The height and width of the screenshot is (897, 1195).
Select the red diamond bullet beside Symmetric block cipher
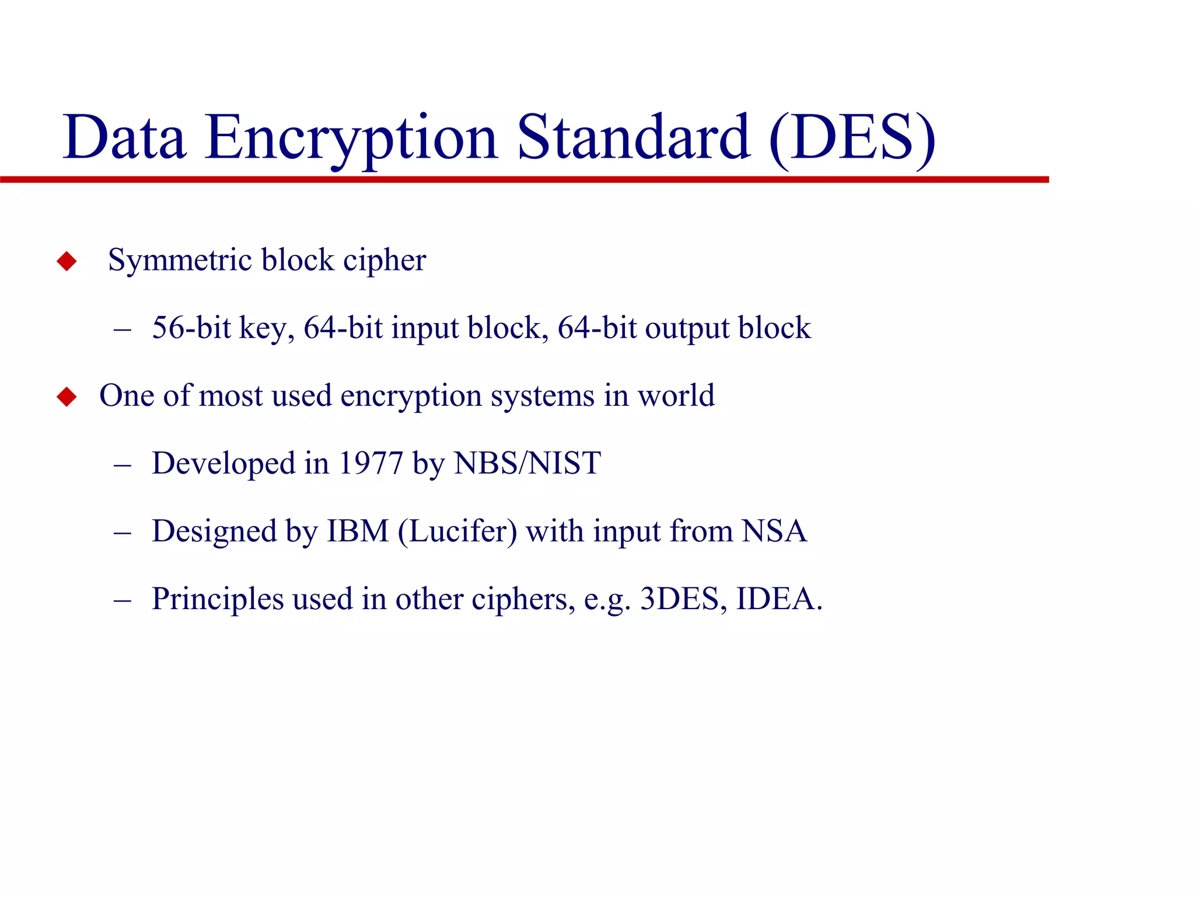point(67,261)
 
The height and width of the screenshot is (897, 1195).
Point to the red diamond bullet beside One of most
point(67,397)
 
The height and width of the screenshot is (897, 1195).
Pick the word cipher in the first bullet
point(385,260)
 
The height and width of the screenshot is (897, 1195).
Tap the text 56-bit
point(191,328)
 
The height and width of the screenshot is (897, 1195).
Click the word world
point(676,396)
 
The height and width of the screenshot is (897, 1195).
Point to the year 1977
point(371,463)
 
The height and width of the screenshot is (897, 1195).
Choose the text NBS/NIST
point(527,463)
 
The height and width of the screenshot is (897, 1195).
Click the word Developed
point(223,464)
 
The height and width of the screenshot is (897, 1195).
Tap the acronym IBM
point(358,531)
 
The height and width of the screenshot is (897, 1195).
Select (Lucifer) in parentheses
point(457,531)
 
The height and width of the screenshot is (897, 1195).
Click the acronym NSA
point(774,531)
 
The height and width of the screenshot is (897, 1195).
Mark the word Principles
point(218,599)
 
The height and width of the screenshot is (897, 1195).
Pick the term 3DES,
point(683,599)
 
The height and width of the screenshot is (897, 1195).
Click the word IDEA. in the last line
point(779,599)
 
